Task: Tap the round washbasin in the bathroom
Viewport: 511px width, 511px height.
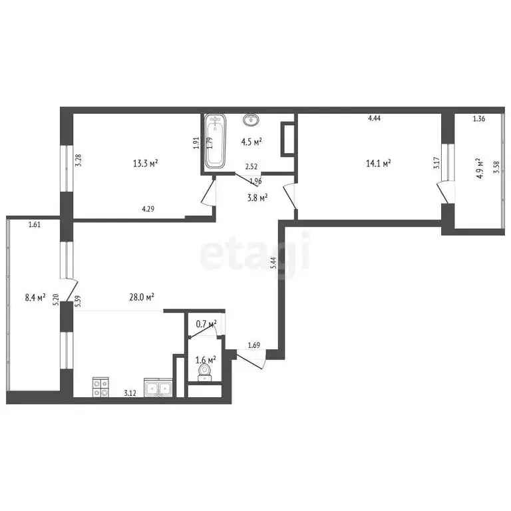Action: click(x=251, y=120)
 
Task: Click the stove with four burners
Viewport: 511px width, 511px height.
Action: click(x=100, y=387)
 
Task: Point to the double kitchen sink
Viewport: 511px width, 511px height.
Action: click(x=159, y=388)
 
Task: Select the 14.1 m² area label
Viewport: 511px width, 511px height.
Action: click(x=377, y=162)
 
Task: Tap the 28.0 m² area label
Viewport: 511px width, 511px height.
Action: click(x=142, y=297)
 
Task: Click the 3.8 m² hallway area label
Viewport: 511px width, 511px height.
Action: click(x=256, y=197)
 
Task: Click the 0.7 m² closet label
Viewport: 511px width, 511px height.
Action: click(x=206, y=324)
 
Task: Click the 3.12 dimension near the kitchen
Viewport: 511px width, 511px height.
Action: click(x=130, y=394)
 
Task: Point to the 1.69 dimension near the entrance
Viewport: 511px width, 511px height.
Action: click(x=254, y=345)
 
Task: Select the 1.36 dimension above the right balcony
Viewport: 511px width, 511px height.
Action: click(x=479, y=120)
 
